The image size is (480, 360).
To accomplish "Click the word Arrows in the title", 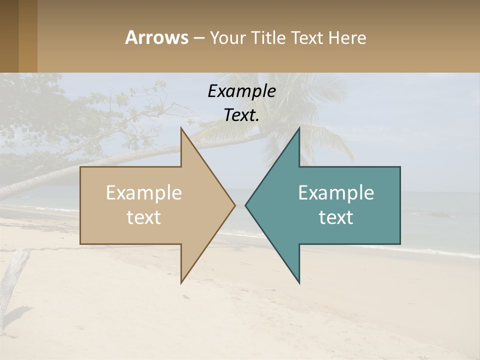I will (156, 37).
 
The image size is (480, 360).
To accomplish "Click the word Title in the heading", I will (265, 38).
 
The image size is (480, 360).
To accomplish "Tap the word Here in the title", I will (347, 38).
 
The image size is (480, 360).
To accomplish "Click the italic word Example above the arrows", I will (241, 91).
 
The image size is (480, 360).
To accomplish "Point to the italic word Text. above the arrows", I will (241, 115).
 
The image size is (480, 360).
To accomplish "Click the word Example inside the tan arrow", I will (144, 193).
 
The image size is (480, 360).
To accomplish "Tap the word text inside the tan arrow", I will (144, 217).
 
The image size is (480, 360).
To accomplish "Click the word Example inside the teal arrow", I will (336, 193).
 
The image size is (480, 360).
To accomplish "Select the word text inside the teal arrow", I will (336, 217).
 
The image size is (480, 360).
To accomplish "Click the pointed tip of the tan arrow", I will (234, 205).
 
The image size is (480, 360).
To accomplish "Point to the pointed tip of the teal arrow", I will (246, 205).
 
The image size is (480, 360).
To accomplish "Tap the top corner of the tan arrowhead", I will (181, 129).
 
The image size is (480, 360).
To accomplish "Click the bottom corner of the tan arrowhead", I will (181, 282).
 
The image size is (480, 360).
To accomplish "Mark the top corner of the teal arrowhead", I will (299, 129).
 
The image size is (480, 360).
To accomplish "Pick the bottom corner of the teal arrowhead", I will (299, 282).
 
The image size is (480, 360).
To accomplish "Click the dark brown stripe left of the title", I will (9, 36).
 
